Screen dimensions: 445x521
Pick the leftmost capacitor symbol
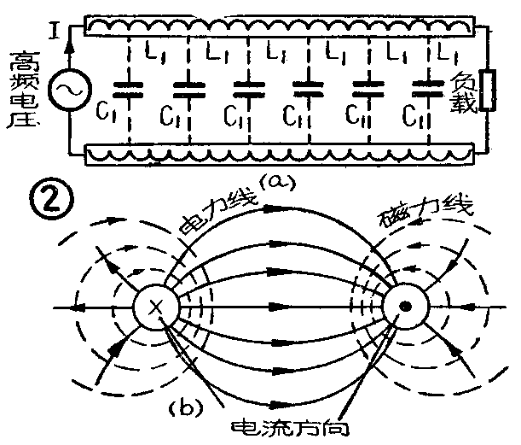[130, 86]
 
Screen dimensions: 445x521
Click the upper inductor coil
[277, 28]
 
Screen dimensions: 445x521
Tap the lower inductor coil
[277, 156]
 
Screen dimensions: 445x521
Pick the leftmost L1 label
[155, 55]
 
